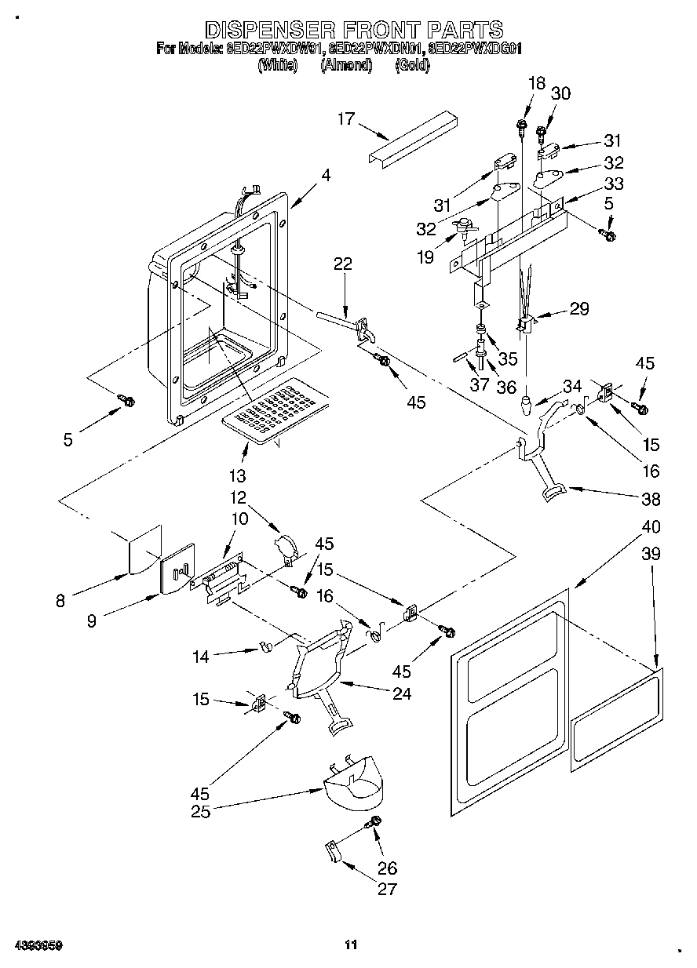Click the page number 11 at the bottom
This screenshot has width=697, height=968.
351,944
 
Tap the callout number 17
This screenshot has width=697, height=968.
346,119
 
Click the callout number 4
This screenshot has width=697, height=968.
325,177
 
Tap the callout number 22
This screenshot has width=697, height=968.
342,264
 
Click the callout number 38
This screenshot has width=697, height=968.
650,499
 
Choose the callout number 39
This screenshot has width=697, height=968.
650,554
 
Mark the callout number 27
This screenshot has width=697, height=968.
387,889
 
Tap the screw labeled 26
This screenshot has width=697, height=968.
375,822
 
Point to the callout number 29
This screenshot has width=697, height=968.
578,309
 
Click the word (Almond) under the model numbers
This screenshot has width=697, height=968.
346,66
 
